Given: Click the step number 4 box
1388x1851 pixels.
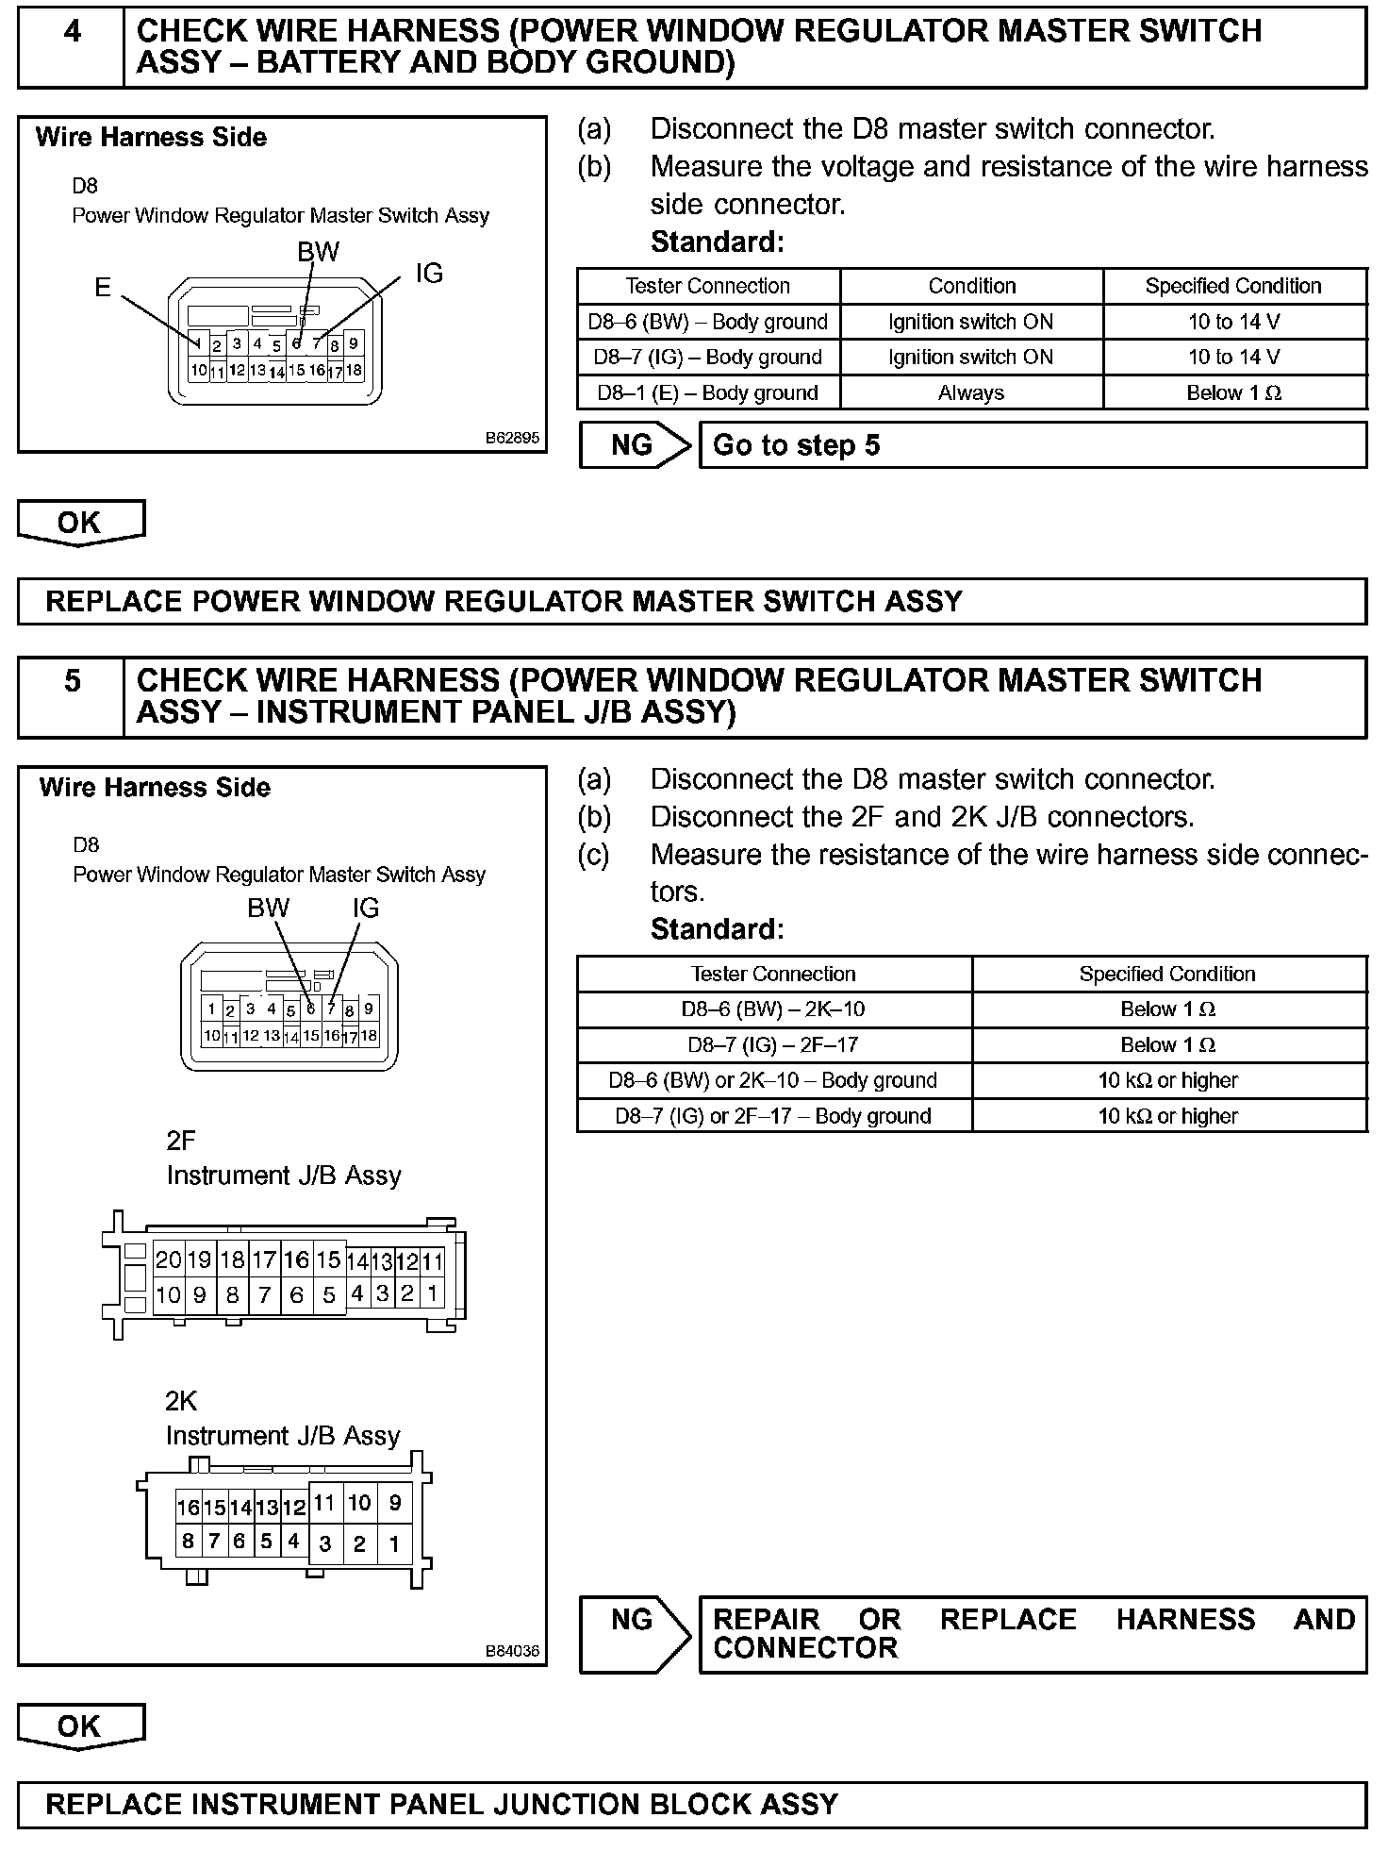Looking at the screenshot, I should [72, 46].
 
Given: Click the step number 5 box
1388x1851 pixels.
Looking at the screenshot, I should [72, 696].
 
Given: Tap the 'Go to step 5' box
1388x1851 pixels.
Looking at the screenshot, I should [1033, 445].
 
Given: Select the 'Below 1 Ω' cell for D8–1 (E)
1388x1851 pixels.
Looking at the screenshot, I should [1234, 392].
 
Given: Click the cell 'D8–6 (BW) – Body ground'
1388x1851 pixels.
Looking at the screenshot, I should [708, 322].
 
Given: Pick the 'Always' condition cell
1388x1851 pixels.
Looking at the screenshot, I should [971, 392].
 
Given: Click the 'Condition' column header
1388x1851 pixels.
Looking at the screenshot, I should [971, 286].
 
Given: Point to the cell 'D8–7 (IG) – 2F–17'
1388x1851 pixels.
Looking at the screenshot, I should [773, 1044].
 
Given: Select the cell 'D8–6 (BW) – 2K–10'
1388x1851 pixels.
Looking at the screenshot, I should [773, 1009].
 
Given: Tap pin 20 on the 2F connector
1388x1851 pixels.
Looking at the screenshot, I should [168, 1259].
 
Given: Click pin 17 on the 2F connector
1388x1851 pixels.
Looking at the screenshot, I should [264, 1259].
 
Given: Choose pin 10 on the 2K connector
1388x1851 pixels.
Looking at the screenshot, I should [359, 1503].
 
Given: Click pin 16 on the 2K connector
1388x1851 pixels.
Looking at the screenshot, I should [188, 1508].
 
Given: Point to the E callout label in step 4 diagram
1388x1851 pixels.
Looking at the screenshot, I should [103, 287].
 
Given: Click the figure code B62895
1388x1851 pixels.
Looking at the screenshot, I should [512, 438].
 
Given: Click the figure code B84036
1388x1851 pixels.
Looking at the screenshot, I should [512, 1651].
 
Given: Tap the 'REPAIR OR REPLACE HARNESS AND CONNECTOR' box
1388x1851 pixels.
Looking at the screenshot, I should [1033, 1635].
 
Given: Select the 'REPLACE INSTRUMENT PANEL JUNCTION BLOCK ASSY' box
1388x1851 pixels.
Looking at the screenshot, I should [692, 1805].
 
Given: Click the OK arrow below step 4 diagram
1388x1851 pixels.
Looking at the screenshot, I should [80, 523].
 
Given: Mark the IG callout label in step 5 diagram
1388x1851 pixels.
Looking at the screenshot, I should [366, 908].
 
